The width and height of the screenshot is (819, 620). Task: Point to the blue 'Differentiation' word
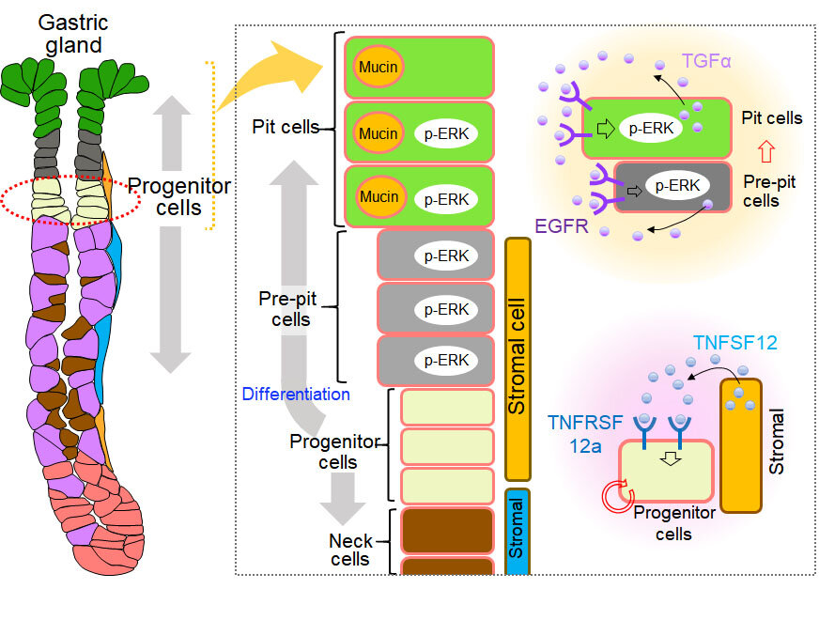(296, 394)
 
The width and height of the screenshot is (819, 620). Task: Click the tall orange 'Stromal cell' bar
(518, 358)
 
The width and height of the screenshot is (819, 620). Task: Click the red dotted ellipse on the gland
(70, 196)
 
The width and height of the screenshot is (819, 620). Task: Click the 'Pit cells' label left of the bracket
(286, 125)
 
